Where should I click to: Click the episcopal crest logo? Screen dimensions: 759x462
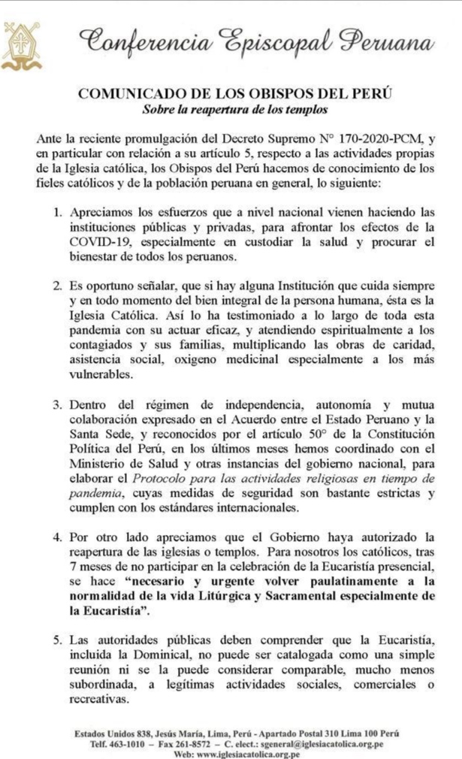click(x=20, y=45)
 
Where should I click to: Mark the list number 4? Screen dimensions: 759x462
click(x=57, y=537)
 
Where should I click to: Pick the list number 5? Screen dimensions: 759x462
click(x=57, y=640)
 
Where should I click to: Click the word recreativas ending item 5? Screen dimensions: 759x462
click(x=104, y=697)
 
